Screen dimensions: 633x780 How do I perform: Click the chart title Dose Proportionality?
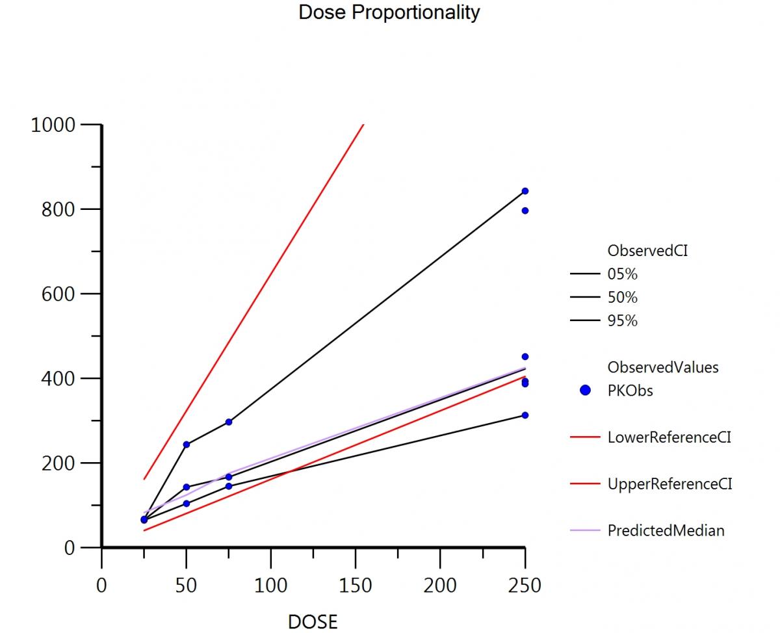coord(389,12)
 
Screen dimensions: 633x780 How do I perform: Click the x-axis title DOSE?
coord(313,622)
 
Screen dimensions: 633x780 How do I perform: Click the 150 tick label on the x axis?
coord(356,586)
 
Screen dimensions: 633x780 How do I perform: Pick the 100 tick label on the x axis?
coord(271,586)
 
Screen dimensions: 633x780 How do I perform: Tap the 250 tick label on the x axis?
coord(525,586)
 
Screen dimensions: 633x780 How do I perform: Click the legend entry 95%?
coord(622,321)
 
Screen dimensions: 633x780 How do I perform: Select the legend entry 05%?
coord(622,274)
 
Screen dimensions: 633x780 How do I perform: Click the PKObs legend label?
coord(630,391)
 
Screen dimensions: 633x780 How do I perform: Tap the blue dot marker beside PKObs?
coord(585,391)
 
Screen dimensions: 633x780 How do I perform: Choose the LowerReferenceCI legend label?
coord(669,437)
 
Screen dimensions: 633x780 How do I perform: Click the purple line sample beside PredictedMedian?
coord(584,530)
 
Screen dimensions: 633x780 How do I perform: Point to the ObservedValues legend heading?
coord(663,367)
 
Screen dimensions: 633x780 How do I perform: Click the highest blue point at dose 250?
coord(525,191)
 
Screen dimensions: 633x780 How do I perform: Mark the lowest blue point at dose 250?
coord(525,415)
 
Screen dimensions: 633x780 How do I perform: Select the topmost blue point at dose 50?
coord(187,445)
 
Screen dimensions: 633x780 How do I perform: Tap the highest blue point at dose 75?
coord(229,422)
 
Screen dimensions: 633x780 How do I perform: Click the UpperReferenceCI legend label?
coord(669,484)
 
